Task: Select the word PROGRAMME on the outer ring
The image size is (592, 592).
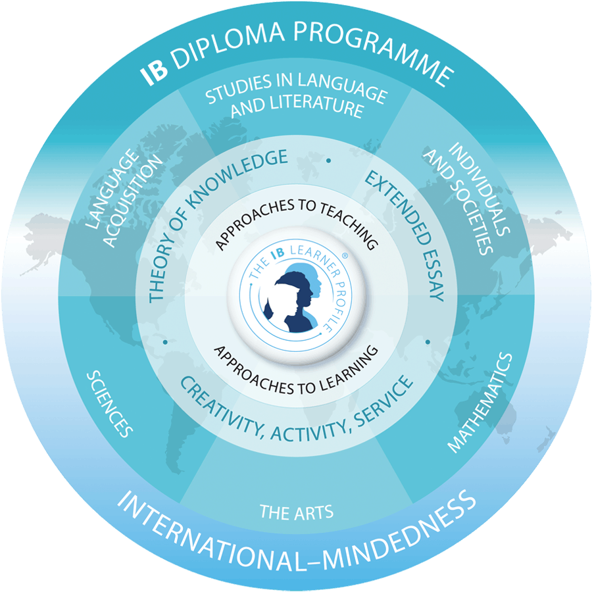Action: pos(374,50)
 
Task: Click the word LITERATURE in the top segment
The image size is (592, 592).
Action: pos(317,106)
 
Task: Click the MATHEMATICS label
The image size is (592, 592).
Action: pos(480,403)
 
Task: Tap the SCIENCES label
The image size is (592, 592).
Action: pos(110,404)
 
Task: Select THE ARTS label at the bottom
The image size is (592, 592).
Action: pos(297,512)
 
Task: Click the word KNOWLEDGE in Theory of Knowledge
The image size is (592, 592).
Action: pos(234,178)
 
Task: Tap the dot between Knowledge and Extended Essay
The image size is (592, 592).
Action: pos(329,161)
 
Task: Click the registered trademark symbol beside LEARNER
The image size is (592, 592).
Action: pos(344,256)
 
